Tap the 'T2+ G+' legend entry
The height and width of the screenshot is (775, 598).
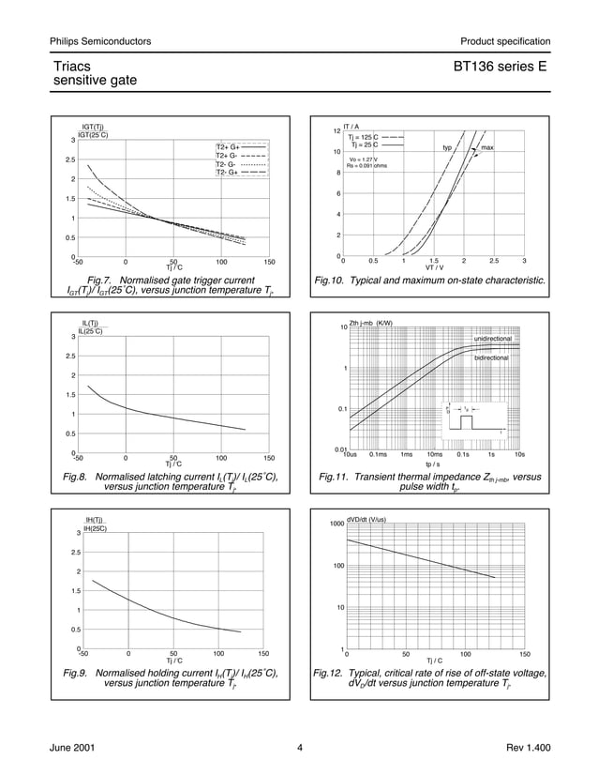(x=228, y=147)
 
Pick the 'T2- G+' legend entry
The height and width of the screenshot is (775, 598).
(x=228, y=173)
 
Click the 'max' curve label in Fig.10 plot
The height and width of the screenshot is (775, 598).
(x=487, y=148)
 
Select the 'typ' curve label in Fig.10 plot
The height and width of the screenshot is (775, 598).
(x=447, y=148)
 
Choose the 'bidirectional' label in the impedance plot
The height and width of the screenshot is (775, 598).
(x=491, y=357)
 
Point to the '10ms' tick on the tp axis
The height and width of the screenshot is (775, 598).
(x=435, y=454)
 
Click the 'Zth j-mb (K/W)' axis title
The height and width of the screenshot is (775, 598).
(x=372, y=324)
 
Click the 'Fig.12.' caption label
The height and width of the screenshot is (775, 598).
(x=330, y=673)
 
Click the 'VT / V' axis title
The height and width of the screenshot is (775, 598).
(x=434, y=267)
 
